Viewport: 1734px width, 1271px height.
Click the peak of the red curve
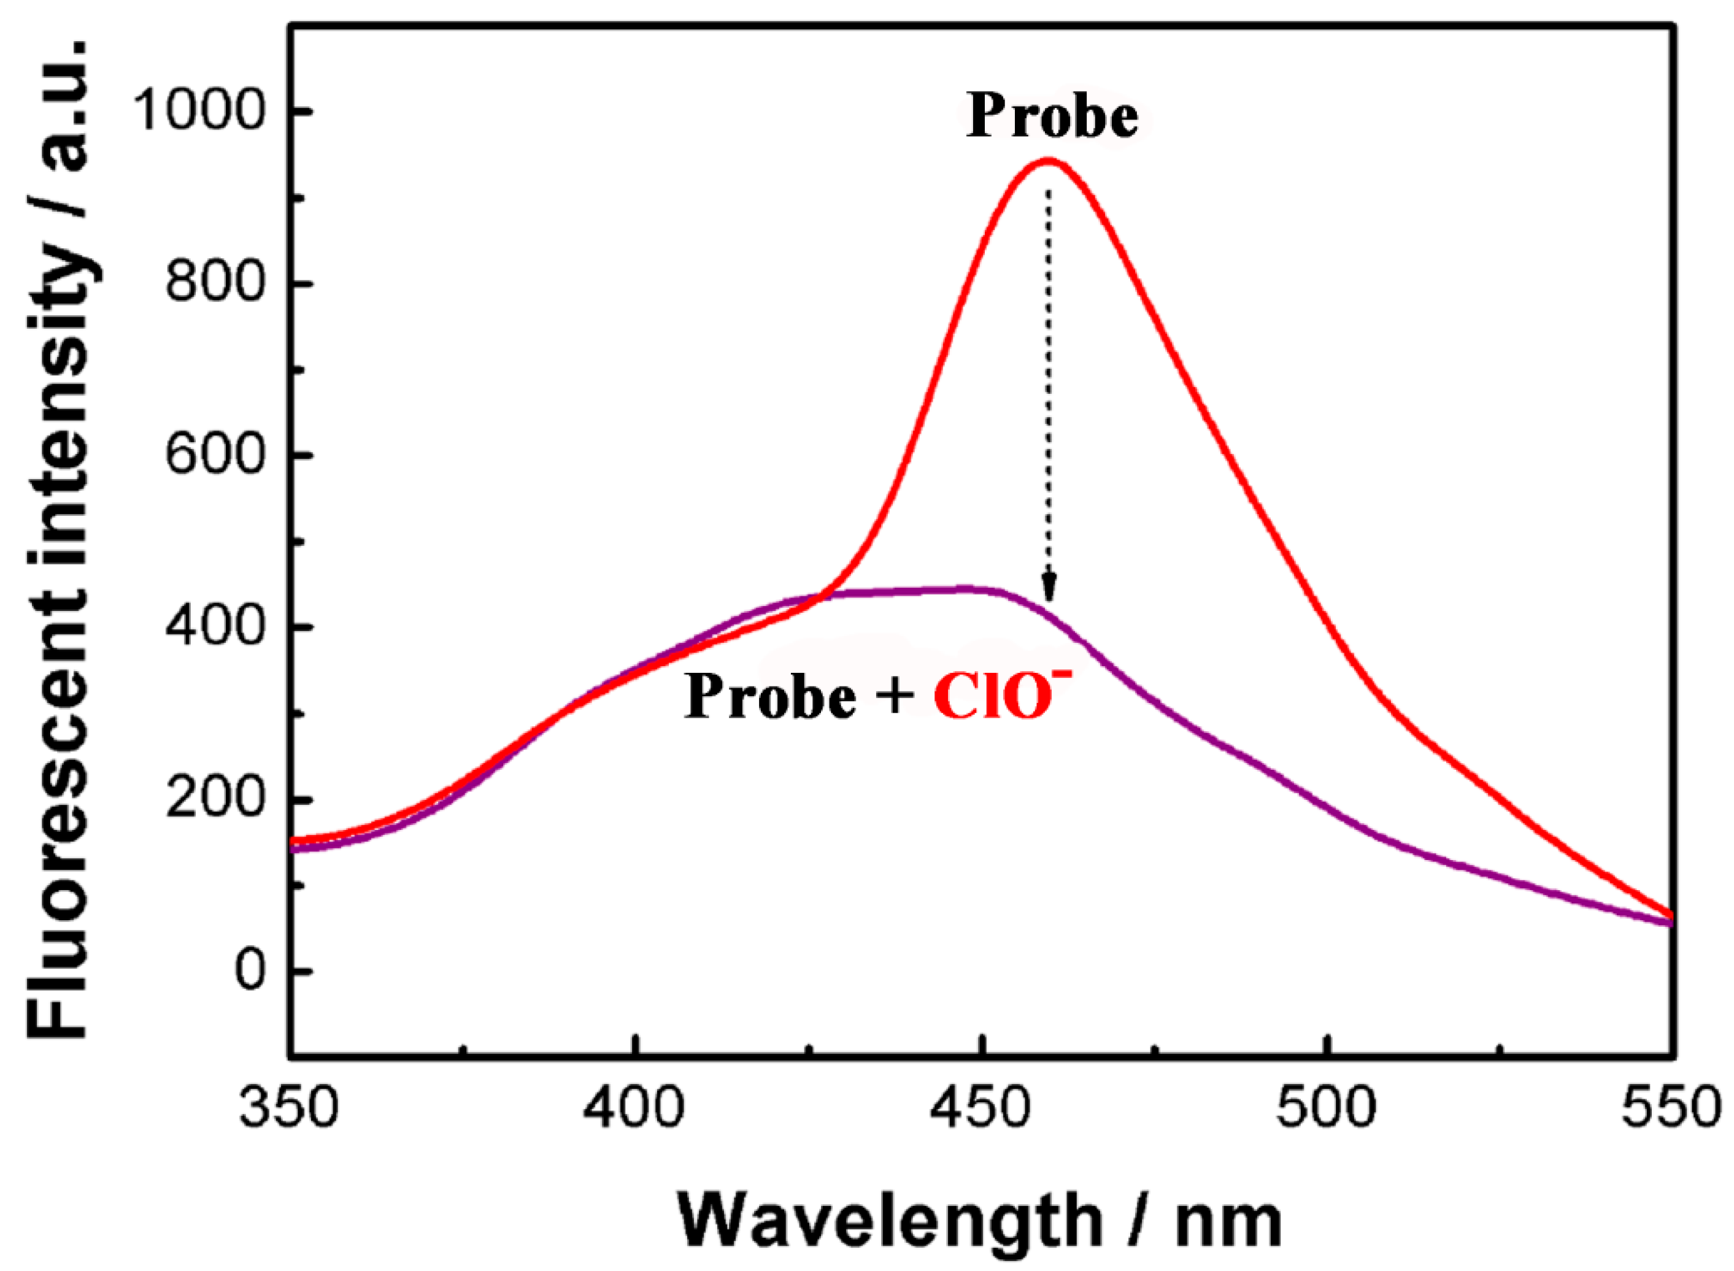click(1047, 160)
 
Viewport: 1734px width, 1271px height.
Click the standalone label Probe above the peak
click(1052, 117)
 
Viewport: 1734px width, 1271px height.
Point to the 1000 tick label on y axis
click(199, 112)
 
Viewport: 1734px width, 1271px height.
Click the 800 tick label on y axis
click(215, 285)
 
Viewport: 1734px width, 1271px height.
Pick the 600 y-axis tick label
click(215, 456)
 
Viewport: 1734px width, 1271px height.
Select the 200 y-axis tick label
click(215, 800)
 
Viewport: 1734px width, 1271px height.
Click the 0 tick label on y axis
click(249, 972)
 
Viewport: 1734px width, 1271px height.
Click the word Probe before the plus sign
click(769, 696)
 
